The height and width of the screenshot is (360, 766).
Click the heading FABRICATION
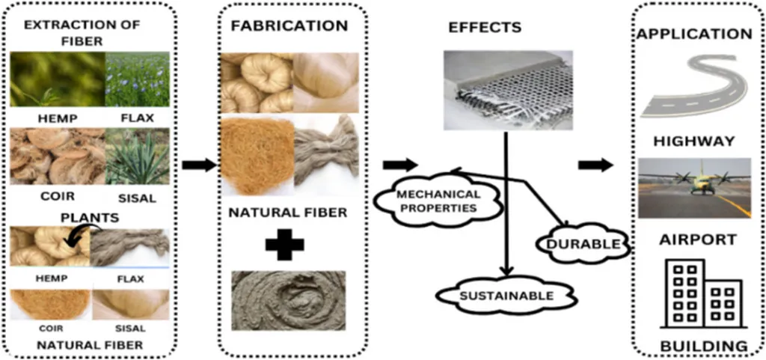click(x=289, y=25)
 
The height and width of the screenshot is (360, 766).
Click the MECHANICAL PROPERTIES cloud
click(x=438, y=201)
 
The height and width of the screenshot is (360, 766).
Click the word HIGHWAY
click(x=693, y=141)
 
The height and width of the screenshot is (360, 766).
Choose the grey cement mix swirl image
click(x=288, y=299)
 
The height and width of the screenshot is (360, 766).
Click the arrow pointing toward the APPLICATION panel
click(x=595, y=165)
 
